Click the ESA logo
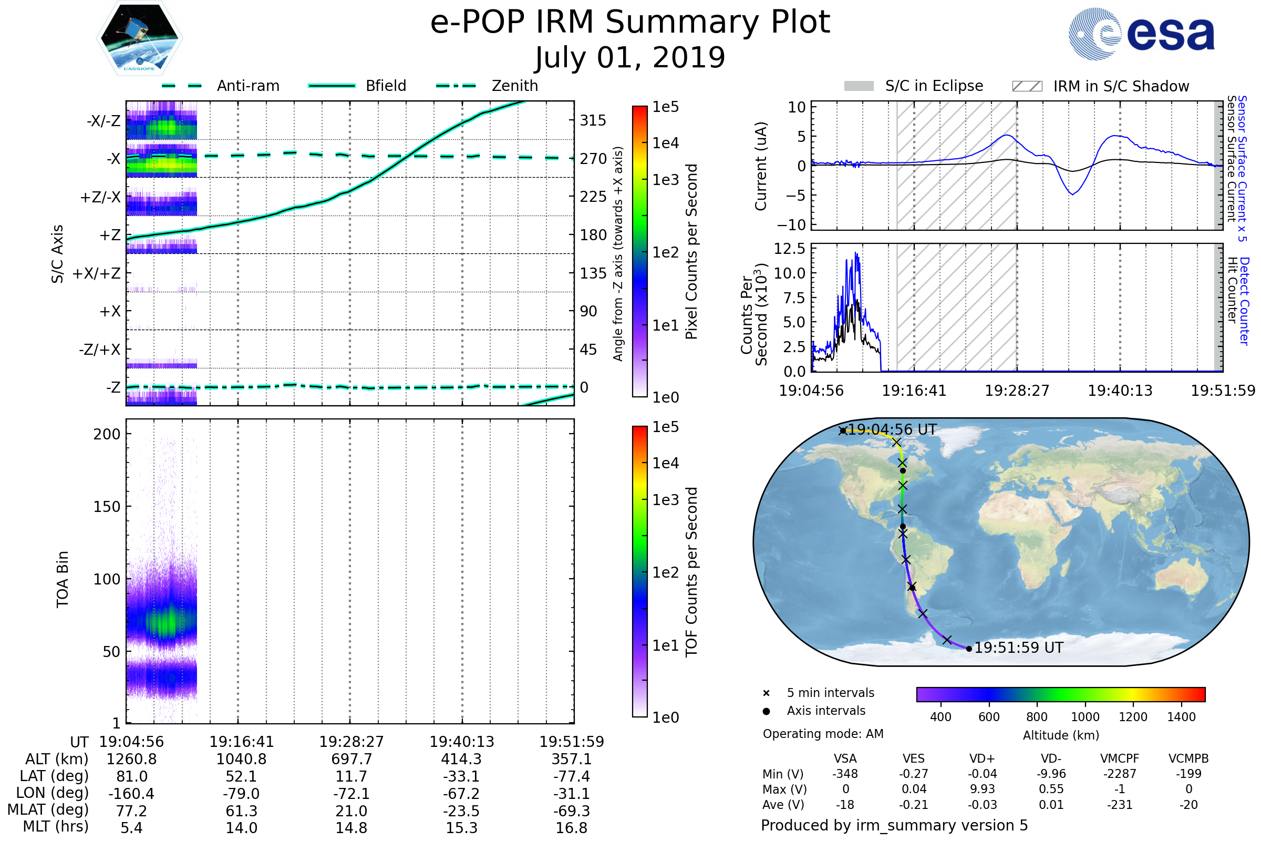[x=1142, y=34]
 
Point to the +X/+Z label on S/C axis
[x=97, y=273]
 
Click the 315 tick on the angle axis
[x=593, y=120]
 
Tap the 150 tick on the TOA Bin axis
[x=107, y=507]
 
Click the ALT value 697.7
[x=351, y=759]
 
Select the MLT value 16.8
[x=572, y=827]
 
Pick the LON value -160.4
[x=131, y=793]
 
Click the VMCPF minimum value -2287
[x=1120, y=774]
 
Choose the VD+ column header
[x=982, y=758]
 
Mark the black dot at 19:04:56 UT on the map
[x=843, y=430]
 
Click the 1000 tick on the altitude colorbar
[x=1085, y=717]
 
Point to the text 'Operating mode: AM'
[x=823, y=734]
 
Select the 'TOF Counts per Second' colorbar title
[x=691, y=572]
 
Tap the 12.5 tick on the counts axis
[x=789, y=248]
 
